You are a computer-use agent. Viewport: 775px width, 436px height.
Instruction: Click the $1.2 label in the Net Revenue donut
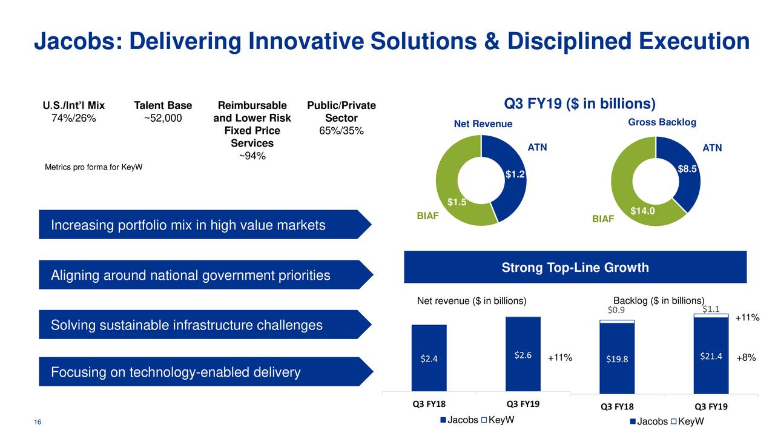point(515,175)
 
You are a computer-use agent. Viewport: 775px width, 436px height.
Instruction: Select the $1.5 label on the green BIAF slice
point(457,202)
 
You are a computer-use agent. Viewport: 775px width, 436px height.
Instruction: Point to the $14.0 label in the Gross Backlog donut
point(643,211)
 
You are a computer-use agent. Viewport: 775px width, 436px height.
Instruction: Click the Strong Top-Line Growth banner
point(575,268)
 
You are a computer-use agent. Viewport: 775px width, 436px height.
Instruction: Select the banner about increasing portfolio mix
point(205,225)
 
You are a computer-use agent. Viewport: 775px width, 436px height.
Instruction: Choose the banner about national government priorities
point(205,276)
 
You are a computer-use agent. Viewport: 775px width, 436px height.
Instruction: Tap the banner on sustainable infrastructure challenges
point(205,325)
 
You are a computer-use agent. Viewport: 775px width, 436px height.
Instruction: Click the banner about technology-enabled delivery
point(205,372)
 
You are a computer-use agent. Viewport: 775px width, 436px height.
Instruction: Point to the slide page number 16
point(38,422)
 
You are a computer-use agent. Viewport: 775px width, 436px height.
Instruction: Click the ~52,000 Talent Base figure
point(163,118)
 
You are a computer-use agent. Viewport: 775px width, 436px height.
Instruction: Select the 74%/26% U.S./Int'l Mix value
point(73,118)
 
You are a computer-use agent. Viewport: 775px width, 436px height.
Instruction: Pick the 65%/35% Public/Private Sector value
point(341,131)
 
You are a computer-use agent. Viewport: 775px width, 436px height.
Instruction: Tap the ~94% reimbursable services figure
point(251,157)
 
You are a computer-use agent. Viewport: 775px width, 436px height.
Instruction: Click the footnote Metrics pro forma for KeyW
point(94,167)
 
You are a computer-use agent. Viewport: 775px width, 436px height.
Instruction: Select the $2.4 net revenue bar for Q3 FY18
point(429,358)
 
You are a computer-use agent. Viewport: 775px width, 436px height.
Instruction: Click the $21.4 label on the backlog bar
point(711,356)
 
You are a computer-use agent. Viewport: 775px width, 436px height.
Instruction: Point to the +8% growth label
point(746,358)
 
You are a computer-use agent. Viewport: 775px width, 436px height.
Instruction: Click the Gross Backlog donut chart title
point(662,123)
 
